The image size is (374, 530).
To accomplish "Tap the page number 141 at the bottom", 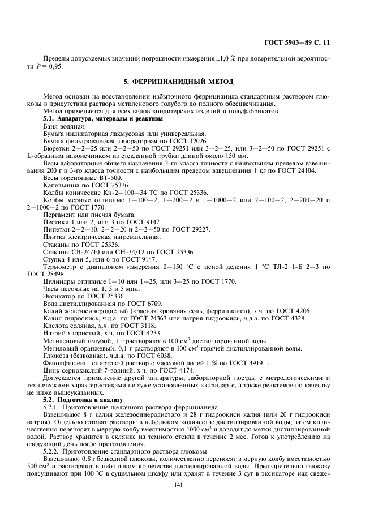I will (x=187, y=484).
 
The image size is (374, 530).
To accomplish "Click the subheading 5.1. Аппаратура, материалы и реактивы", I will (x=103, y=119).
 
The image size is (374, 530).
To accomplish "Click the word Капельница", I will (x=60, y=185).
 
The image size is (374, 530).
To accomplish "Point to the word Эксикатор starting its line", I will (x=59, y=296).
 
